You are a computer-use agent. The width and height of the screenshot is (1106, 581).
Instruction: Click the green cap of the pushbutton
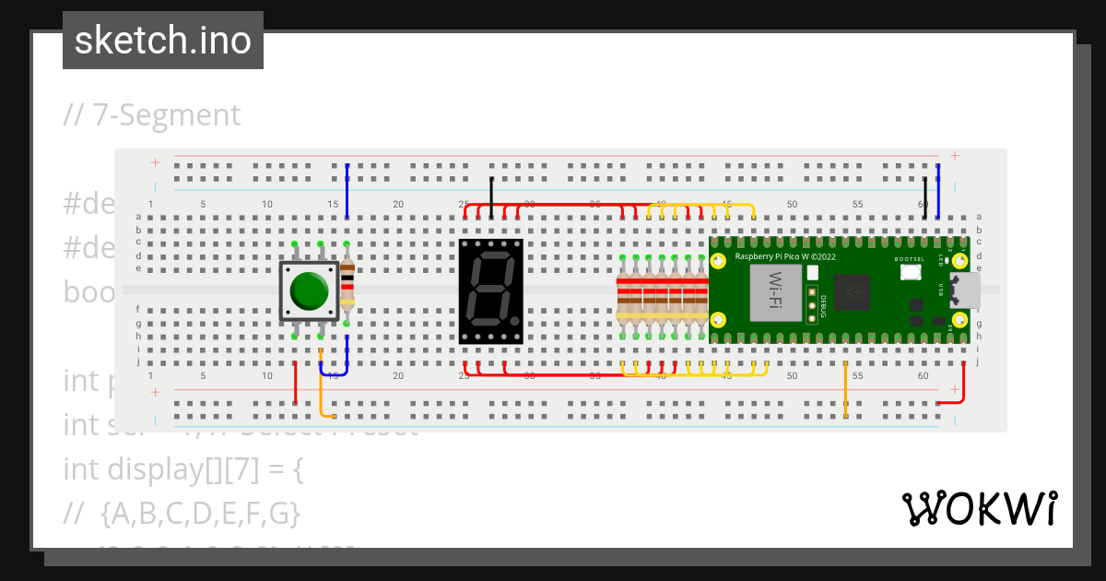[x=309, y=290]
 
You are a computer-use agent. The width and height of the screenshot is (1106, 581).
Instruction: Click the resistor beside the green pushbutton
[x=347, y=284]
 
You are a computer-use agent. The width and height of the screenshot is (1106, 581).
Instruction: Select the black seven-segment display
[x=491, y=290]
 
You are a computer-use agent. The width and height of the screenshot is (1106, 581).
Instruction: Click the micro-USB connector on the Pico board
[x=965, y=290]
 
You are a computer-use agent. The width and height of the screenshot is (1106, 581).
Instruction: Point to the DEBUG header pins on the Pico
[x=813, y=304]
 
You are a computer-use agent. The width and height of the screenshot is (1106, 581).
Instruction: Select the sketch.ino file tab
[x=163, y=41]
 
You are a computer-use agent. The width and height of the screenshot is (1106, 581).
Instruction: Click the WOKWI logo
[x=979, y=508]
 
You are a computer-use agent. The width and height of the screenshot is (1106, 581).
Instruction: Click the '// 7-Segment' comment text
[x=152, y=115]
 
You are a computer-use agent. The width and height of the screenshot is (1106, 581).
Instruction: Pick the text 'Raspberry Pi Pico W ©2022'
[x=784, y=256]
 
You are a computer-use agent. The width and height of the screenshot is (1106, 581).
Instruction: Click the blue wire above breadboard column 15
[x=347, y=189]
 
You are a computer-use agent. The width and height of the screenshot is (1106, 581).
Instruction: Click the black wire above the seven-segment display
[x=491, y=196]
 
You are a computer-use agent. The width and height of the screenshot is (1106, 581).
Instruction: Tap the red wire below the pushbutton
[x=295, y=383]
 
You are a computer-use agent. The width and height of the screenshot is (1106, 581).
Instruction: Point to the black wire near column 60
[x=925, y=196]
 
